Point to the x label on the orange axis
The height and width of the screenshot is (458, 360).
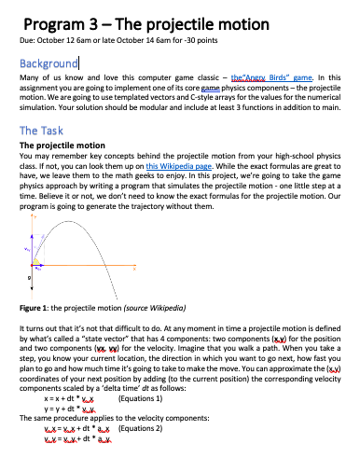click(133, 270)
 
